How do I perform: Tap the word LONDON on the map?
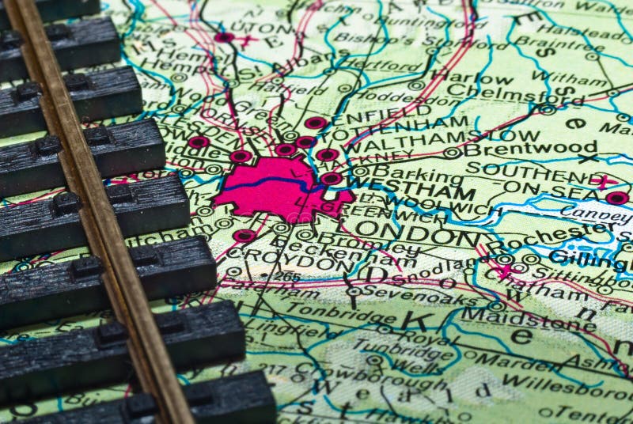pos(417,234)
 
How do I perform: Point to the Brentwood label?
pos(529,148)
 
